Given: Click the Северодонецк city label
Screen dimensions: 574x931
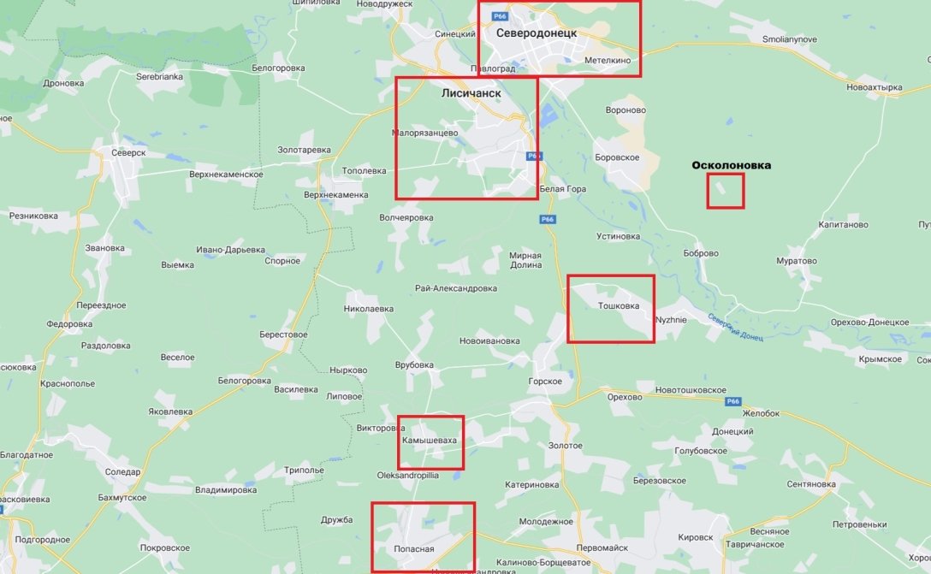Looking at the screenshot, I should click(536, 33).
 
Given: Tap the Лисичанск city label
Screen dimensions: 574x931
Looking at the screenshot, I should click(471, 92).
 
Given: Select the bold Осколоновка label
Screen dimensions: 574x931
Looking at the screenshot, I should click(731, 165).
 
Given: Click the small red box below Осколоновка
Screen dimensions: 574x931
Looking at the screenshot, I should click(726, 191).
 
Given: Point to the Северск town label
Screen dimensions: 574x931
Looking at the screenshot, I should click(128, 152).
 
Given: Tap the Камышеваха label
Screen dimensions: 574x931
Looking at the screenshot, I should click(430, 440).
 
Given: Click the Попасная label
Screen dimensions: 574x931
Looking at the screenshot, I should click(414, 549).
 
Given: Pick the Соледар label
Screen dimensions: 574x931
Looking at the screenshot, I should click(123, 471).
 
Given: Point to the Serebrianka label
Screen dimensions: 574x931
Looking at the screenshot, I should click(160, 76).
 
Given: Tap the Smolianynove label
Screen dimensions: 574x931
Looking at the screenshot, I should click(790, 39).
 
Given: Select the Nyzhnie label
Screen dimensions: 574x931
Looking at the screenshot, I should click(670, 320).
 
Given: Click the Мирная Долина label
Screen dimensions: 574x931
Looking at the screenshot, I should click(525, 260).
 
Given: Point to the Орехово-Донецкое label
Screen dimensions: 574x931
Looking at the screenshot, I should click(869, 322).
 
